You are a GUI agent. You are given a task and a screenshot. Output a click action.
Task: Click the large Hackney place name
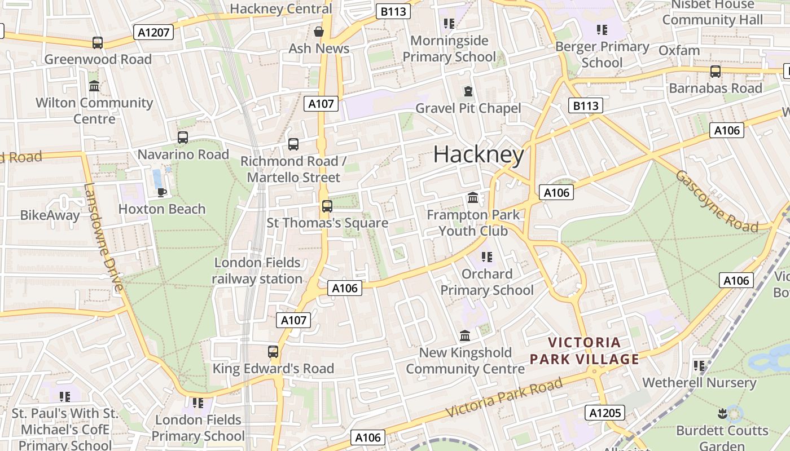[479, 154]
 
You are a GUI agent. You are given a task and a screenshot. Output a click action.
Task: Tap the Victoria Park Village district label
[584, 351]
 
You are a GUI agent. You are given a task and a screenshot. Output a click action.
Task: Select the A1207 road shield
[154, 32]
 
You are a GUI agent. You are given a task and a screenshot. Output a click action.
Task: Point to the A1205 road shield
[605, 413]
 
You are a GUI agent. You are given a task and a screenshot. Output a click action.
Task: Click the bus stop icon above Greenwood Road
[98, 43]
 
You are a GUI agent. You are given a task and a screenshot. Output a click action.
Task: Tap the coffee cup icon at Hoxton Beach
[161, 192]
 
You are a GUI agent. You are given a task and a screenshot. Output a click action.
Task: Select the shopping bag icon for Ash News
[319, 32]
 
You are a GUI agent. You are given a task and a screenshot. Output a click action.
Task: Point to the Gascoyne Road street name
[716, 201]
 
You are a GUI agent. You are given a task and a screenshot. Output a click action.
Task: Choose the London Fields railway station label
[257, 271]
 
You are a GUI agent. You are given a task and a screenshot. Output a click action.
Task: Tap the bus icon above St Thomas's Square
[327, 206]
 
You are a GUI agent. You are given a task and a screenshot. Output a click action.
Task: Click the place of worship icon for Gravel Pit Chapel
[468, 91]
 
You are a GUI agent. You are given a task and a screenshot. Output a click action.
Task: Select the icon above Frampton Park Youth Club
[473, 198]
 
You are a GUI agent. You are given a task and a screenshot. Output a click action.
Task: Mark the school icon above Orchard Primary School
[487, 257]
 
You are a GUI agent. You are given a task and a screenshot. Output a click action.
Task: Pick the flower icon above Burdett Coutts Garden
[722, 414]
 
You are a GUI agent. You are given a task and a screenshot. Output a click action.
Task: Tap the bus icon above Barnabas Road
[716, 72]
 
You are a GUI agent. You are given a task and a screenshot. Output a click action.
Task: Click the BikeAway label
[50, 215]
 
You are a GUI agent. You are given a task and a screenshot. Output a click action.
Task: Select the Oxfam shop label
[679, 50]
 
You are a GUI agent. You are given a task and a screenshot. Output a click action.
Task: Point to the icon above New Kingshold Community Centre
[465, 336]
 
